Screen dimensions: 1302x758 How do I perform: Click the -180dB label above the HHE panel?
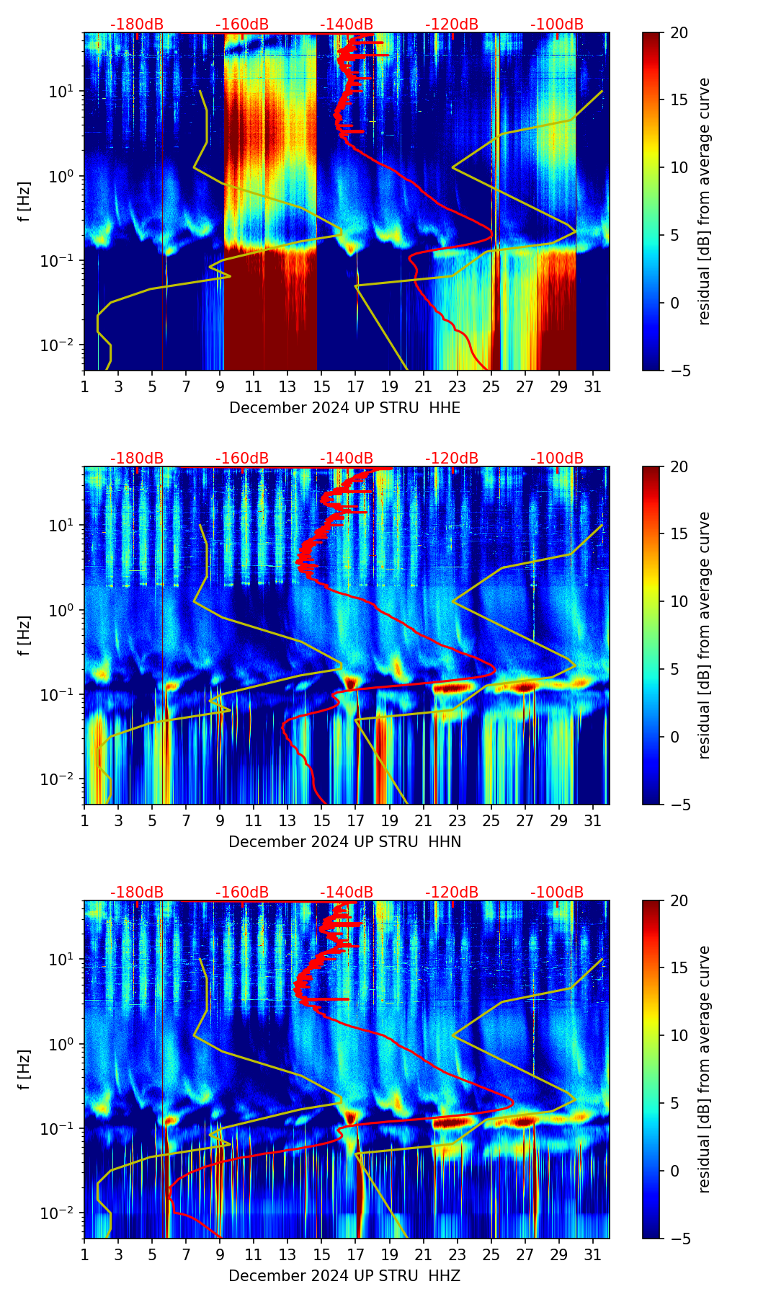[x=137, y=25]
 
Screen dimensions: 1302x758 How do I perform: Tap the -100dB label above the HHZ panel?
[x=557, y=893]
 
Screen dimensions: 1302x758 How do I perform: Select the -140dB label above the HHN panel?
[x=347, y=459]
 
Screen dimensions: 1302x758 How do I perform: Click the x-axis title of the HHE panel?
[x=344, y=408]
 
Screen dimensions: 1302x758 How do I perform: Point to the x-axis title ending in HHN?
[x=344, y=842]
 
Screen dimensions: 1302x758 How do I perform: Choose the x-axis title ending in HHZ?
[x=344, y=1276]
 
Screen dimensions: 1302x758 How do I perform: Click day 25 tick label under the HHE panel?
[x=491, y=386]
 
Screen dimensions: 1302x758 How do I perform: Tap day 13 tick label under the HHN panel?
[x=287, y=820]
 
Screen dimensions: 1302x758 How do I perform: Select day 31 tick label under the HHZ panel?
[x=593, y=1254]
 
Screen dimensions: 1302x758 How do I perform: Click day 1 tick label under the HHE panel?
[x=84, y=386]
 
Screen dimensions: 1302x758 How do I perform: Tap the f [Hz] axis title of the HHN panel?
[x=24, y=635]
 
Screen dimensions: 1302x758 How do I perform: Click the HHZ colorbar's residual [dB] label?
[x=704, y=1069]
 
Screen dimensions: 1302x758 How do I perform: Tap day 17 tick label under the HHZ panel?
[x=355, y=1254]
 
